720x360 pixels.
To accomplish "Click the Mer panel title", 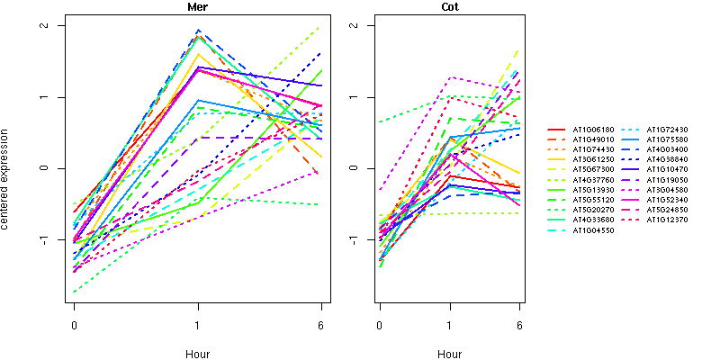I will [198, 8].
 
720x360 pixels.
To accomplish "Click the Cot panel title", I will [450, 8].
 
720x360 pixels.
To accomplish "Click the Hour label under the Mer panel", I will [198, 354].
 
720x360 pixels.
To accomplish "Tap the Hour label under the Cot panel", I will [450, 354].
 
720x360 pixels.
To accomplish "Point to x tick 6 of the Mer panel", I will [321, 325].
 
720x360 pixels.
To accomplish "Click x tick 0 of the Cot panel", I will [380, 325].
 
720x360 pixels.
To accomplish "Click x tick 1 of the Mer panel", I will [198, 325].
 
